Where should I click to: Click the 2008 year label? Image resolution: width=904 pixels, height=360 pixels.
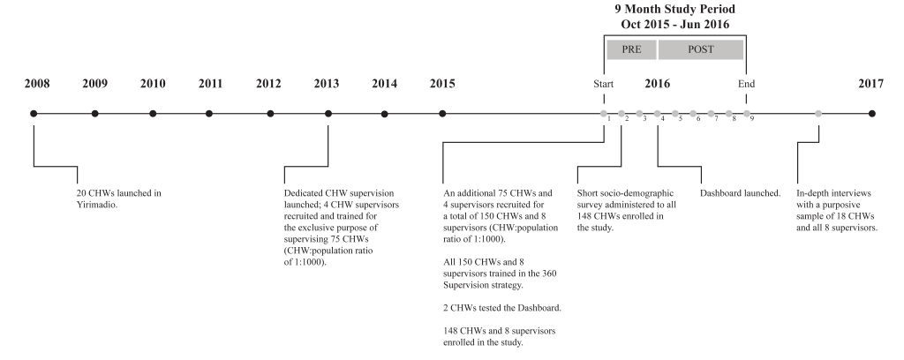(x=37, y=84)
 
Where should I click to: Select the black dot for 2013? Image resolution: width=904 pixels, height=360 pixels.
(x=328, y=114)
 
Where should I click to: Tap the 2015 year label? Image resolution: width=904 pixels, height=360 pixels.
(x=442, y=84)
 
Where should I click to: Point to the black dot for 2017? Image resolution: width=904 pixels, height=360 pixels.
(x=871, y=114)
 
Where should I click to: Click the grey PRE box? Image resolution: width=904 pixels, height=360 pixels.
(x=631, y=49)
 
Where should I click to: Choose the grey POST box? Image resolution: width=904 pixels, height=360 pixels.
(x=700, y=49)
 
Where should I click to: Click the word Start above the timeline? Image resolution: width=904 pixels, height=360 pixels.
(x=604, y=84)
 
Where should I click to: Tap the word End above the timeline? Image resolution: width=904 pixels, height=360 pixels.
(x=747, y=84)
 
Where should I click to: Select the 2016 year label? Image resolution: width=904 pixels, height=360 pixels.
(x=657, y=84)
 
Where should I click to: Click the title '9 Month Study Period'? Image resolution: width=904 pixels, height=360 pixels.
(x=674, y=9)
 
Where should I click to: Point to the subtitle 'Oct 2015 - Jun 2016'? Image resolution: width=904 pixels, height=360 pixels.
(x=675, y=24)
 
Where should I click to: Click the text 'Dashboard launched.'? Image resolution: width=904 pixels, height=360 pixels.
(x=741, y=193)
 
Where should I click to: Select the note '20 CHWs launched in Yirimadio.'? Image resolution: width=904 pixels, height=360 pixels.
(x=119, y=199)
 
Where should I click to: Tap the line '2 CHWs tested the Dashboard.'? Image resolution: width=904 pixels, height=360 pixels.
(x=502, y=308)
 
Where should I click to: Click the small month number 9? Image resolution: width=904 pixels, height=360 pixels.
(x=752, y=118)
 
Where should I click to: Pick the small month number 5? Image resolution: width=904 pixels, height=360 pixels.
(x=681, y=118)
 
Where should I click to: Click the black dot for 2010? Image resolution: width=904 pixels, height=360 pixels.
(x=153, y=114)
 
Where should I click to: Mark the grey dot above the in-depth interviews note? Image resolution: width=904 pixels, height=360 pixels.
(x=818, y=114)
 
